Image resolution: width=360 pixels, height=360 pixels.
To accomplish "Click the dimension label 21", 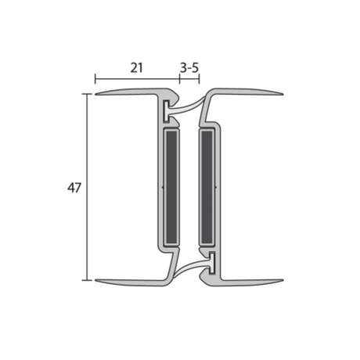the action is [x=136, y=68].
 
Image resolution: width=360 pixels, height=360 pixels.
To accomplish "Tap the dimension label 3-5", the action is [x=189, y=68].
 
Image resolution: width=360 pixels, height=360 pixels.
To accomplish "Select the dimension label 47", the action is [x=74, y=188].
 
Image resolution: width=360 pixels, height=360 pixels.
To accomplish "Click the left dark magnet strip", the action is [x=172, y=186].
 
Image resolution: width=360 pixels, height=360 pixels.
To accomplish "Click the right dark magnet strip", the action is [x=207, y=186].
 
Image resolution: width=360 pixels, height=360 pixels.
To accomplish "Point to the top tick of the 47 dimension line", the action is [x=87, y=94].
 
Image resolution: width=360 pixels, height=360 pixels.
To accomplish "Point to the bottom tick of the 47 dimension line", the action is [x=87, y=280].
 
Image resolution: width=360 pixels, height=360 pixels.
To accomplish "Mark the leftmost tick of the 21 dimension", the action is [x=95, y=78].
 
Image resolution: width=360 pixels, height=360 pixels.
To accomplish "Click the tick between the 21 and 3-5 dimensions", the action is [x=180, y=78].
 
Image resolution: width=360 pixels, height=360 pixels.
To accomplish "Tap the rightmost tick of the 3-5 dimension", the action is [x=200, y=78].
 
